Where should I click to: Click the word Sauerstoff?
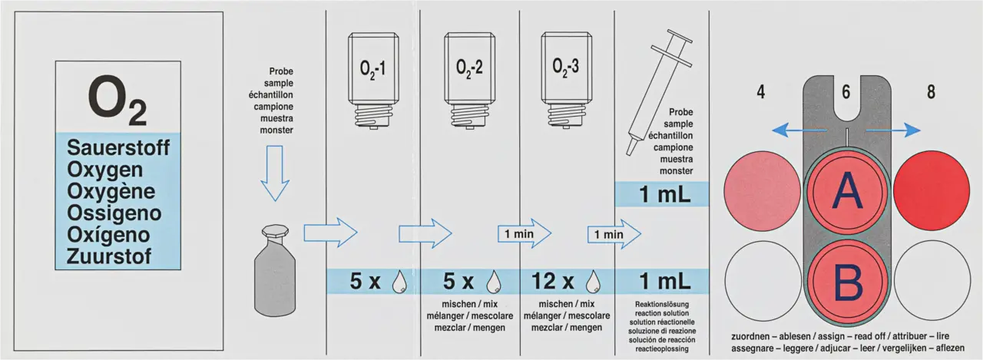[118, 147]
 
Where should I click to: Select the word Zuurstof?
[109, 255]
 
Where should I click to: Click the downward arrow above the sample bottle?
[274, 173]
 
